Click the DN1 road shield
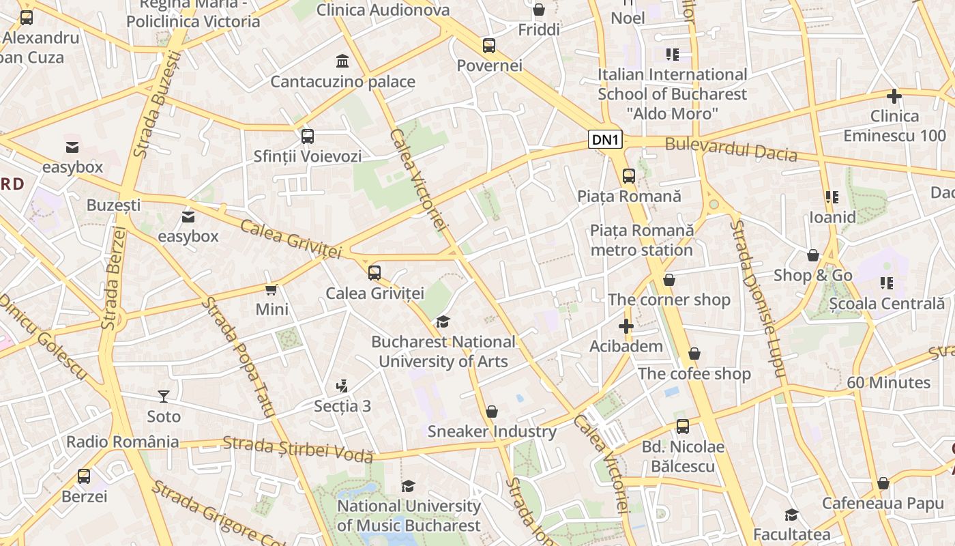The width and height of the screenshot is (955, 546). point(606,140)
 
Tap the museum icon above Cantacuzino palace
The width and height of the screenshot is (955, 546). point(342,61)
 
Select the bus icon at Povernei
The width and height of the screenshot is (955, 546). point(489,46)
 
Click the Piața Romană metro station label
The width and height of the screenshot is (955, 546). point(641,240)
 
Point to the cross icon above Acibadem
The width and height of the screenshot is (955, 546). point(626,326)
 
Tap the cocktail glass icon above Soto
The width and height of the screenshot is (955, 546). point(164,397)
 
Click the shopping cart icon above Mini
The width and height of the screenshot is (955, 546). point(271,289)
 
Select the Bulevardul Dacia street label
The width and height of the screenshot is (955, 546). point(731,149)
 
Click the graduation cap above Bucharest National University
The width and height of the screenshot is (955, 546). point(443,321)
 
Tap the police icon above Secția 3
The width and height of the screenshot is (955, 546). point(342,386)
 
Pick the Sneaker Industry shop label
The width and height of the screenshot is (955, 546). point(492,431)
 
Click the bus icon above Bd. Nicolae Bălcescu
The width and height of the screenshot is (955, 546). point(682,427)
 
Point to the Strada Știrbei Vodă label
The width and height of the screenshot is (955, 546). point(297,449)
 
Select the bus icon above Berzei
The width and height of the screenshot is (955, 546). point(84,476)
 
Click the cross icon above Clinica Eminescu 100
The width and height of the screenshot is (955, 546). point(894,96)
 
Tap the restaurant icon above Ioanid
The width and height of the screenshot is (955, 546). point(832,197)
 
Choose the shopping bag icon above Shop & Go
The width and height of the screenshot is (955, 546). point(812,255)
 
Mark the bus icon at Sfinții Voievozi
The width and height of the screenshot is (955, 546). point(308,136)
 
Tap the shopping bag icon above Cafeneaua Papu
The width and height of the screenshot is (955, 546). point(883,483)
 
